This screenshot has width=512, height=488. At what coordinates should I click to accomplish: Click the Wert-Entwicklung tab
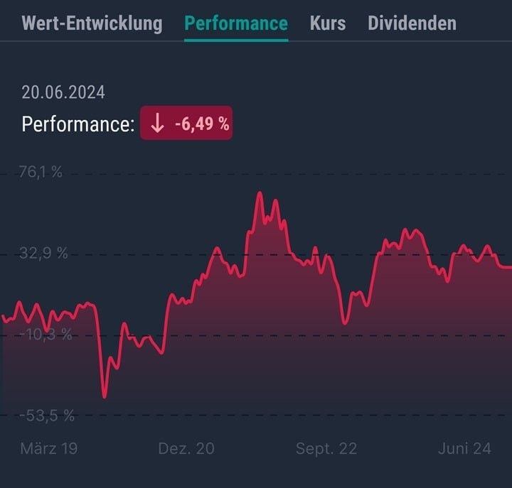point(92,23)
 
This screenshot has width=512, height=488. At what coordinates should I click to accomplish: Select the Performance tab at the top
point(236,23)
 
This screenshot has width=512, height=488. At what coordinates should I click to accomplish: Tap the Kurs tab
point(328,23)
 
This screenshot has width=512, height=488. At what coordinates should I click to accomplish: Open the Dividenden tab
point(412,23)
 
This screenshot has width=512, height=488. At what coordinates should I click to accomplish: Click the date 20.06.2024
point(63,92)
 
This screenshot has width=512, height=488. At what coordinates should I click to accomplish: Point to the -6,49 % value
point(202,124)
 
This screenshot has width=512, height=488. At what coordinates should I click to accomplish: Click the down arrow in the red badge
point(157,124)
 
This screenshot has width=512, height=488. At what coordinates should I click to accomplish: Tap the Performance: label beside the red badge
point(78,124)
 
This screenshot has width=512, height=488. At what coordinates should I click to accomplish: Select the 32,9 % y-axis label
point(45,254)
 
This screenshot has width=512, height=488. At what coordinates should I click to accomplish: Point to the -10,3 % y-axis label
point(46,335)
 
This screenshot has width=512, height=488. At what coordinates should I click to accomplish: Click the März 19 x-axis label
point(48,449)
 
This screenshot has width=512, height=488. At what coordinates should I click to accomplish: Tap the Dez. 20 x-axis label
point(186,449)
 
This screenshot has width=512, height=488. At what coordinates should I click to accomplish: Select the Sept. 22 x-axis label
point(326,449)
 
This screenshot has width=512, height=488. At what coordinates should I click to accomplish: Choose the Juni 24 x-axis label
point(464,449)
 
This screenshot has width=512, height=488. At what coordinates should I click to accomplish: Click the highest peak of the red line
point(260,193)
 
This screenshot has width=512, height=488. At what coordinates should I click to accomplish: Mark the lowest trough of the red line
point(105,396)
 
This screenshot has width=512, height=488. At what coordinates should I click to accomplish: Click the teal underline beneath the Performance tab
point(236,40)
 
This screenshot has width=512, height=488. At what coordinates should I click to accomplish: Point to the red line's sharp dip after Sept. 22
point(346,322)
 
